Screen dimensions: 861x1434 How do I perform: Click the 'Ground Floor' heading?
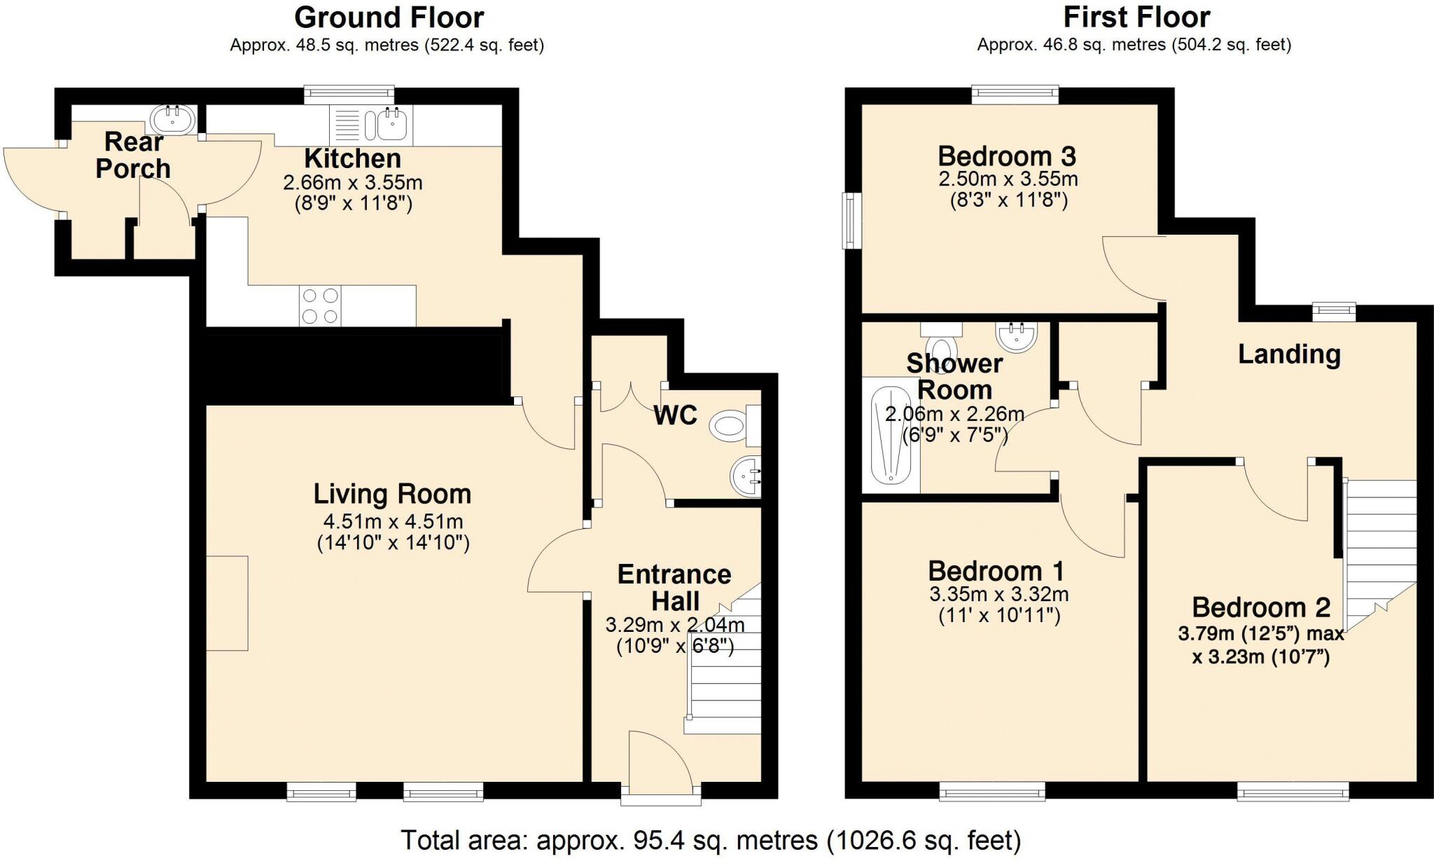389,18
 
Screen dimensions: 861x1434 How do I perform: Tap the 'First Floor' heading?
1136,18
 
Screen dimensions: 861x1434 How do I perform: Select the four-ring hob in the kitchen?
321,306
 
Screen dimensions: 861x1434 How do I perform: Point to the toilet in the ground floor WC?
729,426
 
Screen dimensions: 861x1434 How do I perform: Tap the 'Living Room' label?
392,495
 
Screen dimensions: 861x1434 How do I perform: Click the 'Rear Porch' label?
133,155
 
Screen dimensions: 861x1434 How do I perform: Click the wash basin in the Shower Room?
1017,337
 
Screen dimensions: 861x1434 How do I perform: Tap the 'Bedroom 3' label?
1007,156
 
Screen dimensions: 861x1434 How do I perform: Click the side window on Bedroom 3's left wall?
852,221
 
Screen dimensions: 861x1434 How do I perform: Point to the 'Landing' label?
1289,354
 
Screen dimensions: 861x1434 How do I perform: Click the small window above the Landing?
1333,312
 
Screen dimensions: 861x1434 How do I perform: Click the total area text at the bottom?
710,840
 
